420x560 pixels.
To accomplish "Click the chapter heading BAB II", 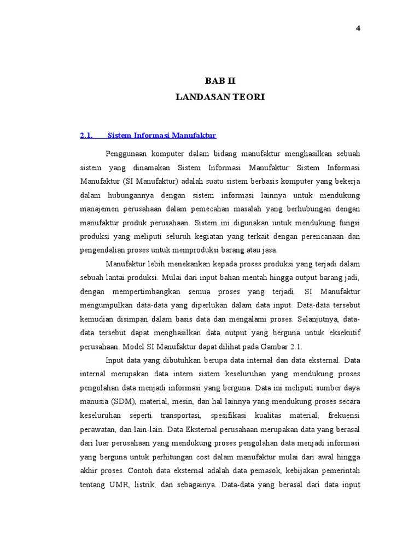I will [x=220, y=81].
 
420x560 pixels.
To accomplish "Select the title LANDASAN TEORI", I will [x=220, y=97].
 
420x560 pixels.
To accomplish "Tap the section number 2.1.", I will [x=87, y=135].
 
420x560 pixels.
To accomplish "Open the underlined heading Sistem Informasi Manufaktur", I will [x=162, y=135].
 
